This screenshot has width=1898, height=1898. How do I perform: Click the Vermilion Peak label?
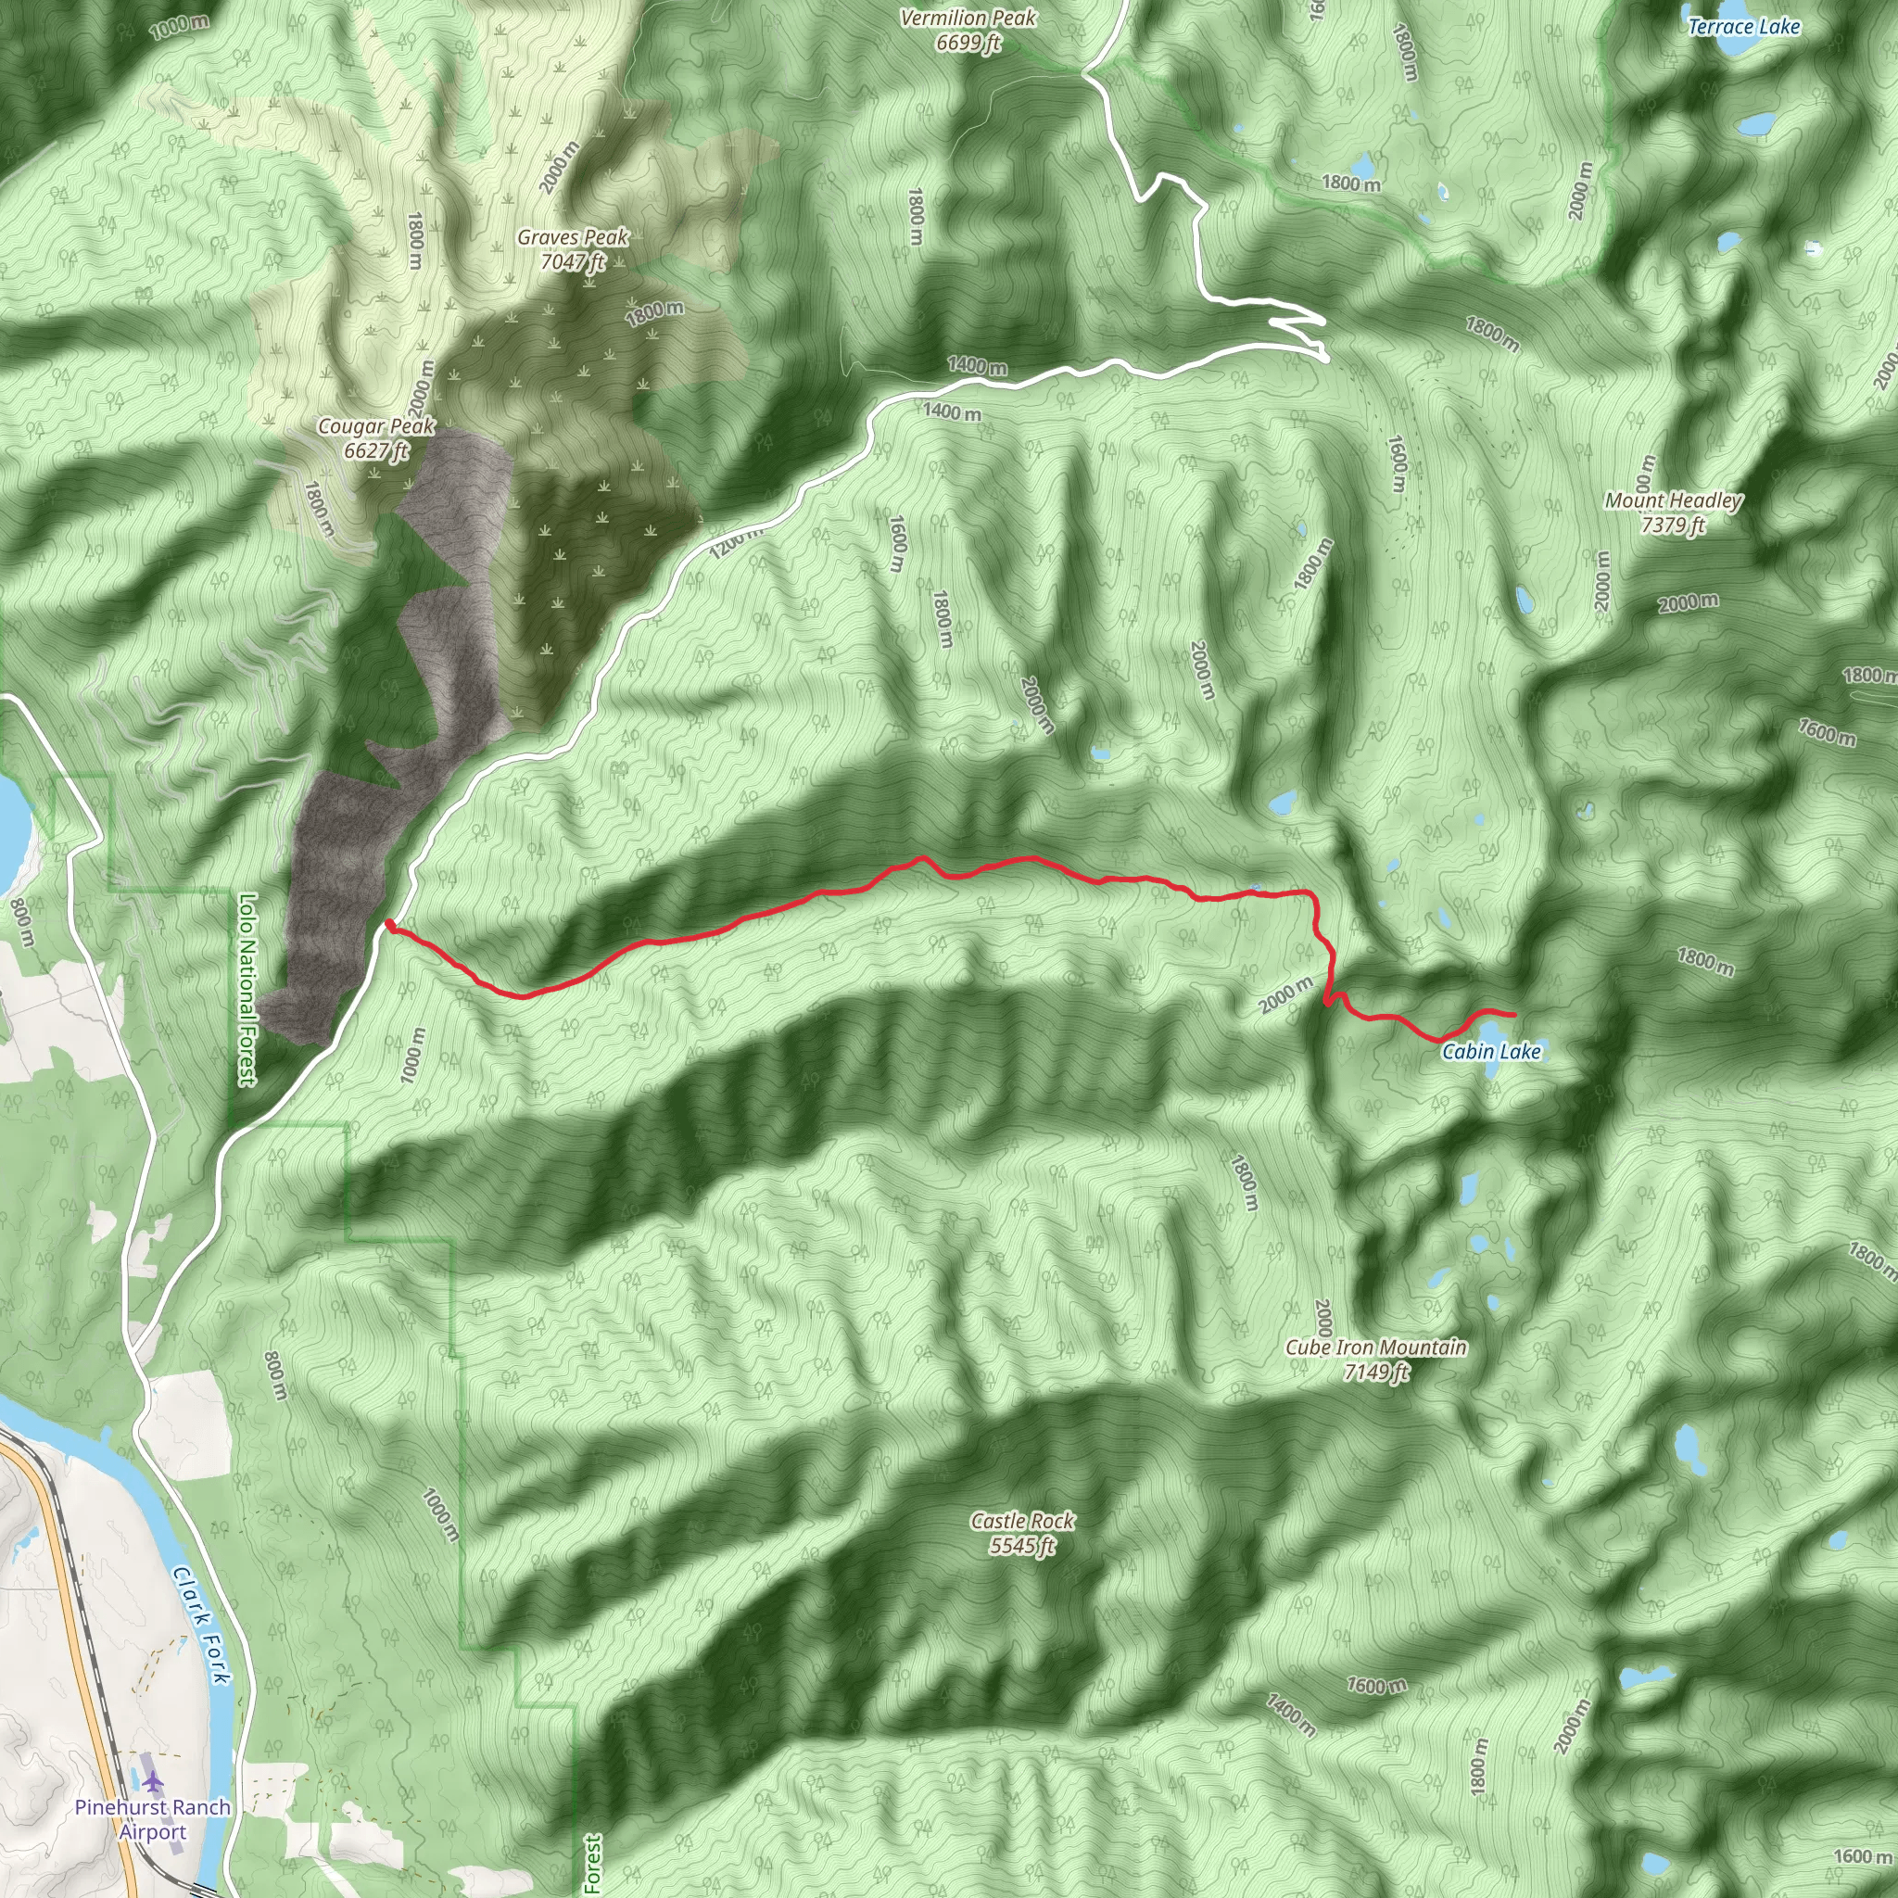[968, 19]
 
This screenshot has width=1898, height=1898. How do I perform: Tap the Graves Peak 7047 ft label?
[573, 249]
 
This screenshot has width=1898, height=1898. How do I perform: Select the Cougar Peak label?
[375, 426]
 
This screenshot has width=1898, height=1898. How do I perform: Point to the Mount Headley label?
[1672, 501]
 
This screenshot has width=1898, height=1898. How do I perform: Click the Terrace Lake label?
[1743, 28]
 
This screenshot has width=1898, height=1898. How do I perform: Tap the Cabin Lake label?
[1490, 1052]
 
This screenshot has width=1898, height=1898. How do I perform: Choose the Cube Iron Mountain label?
[1375, 1348]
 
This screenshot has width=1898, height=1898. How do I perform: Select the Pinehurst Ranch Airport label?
[153, 1818]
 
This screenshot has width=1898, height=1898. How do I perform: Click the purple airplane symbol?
[152, 1781]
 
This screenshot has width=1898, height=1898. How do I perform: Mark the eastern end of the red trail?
[1514, 1014]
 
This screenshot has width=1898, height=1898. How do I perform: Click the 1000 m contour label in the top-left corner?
[179, 27]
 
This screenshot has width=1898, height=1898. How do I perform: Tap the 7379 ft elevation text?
[1672, 525]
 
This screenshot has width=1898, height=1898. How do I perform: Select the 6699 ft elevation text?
[968, 44]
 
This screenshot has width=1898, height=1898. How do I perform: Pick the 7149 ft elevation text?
[1375, 1373]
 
